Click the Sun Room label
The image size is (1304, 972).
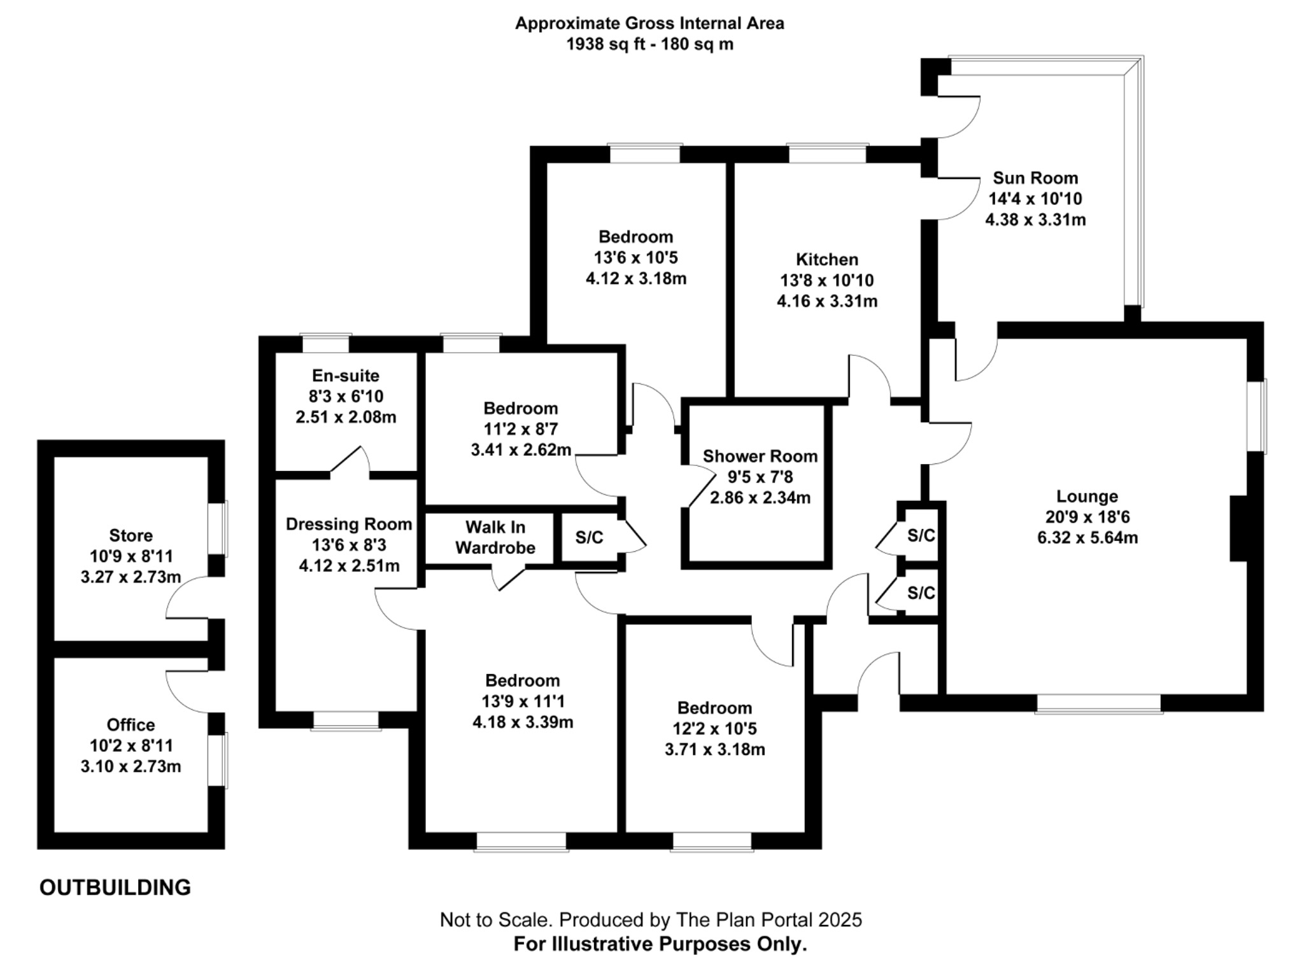click(1035, 178)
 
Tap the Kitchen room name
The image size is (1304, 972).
click(826, 260)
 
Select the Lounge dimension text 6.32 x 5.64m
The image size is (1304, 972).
click(1087, 538)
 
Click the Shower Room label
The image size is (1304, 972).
click(760, 456)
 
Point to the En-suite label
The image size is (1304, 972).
click(345, 376)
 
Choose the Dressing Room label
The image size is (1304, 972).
click(348, 525)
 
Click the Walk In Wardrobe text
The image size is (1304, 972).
click(495, 537)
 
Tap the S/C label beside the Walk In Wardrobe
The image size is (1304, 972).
click(589, 538)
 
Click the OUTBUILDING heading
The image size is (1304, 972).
click(115, 887)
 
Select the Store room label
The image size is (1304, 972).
click(131, 535)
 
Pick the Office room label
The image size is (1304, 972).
click(131, 725)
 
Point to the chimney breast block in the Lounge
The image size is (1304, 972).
click(1238, 528)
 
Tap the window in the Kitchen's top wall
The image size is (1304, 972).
click(827, 153)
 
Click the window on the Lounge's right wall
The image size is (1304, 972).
click(1256, 416)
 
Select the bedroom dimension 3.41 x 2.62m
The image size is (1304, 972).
click(521, 450)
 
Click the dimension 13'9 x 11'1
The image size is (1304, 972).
click(523, 701)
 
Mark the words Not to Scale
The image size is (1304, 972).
click(497, 919)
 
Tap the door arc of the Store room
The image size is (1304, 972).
click(185, 598)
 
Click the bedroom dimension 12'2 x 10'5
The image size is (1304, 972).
click(714, 728)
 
